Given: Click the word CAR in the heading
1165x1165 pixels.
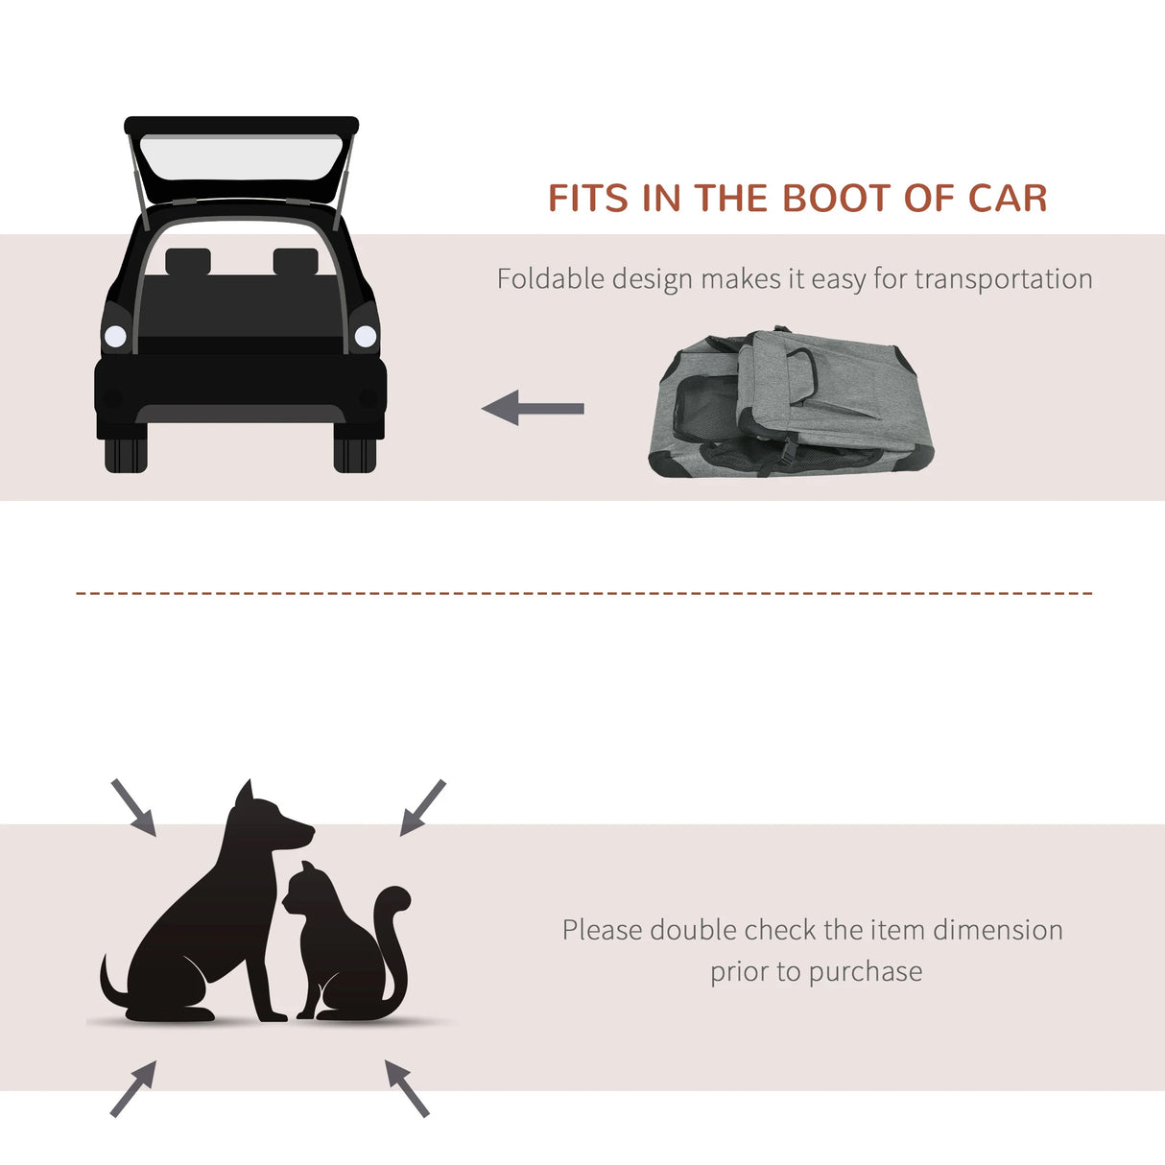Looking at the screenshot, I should tap(1007, 198).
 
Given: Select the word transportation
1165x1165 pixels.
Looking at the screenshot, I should tap(1003, 278).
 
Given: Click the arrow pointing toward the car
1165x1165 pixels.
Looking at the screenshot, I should tap(533, 408).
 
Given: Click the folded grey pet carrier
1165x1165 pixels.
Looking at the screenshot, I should tap(790, 403).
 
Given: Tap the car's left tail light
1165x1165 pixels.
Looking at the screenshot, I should tap(115, 336).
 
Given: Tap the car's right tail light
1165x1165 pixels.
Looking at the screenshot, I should tap(366, 336).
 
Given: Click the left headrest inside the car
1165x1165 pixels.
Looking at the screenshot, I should tap(187, 261).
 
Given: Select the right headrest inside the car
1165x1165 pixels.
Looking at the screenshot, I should tap(296, 261).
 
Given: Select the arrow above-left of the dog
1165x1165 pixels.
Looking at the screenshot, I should tap(133, 807).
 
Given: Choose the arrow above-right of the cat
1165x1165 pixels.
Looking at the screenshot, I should tap(422, 807).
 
